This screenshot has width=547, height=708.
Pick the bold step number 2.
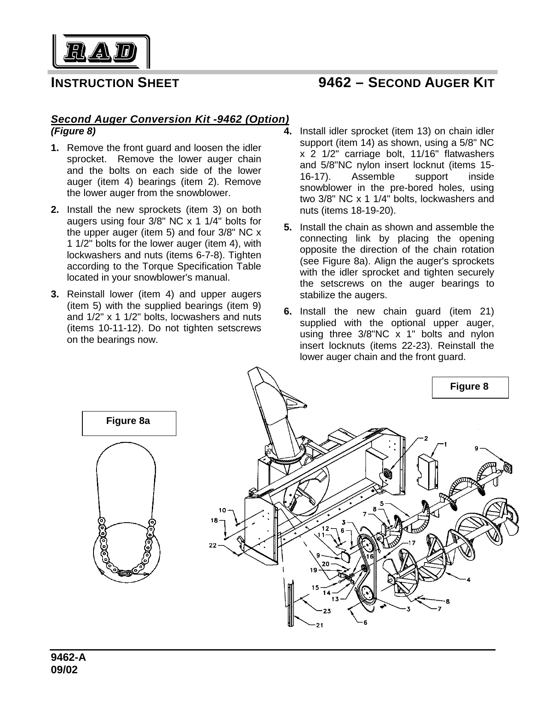pos(55,210)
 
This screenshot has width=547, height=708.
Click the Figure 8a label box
pos(129,423)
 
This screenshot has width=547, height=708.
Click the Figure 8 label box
pos(470,387)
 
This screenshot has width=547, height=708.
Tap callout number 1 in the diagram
pos(447,444)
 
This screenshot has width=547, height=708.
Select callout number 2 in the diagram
pos(426,438)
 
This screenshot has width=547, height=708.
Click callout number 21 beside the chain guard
pos(320,625)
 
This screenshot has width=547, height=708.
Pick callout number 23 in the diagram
pos(326,611)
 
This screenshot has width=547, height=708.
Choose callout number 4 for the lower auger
pos(468,580)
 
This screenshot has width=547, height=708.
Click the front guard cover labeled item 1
pos(428,472)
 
